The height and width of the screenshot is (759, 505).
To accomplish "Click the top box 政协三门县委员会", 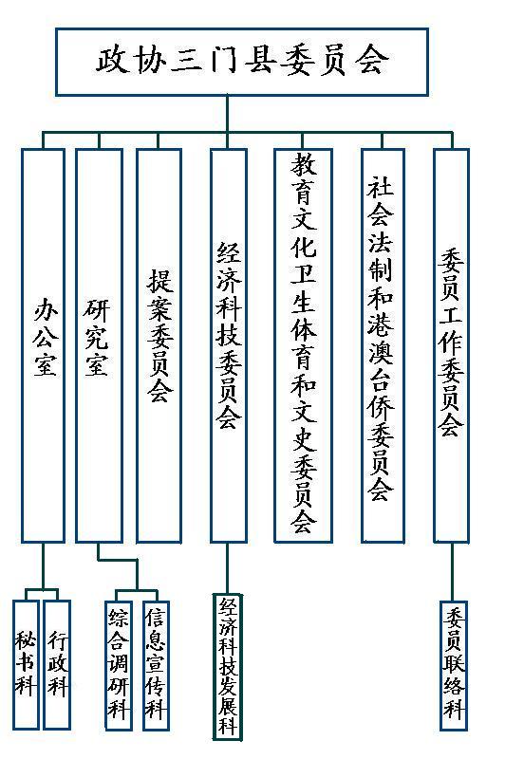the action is click(x=242, y=62).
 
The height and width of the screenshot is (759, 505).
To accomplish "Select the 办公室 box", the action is click(x=43, y=345).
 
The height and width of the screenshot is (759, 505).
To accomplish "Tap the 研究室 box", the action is click(x=99, y=345).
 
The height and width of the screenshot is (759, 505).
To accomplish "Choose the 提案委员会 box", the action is click(x=159, y=345).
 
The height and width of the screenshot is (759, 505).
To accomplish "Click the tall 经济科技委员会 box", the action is click(x=228, y=345).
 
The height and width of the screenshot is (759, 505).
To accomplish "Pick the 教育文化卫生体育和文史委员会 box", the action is click(x=303, y=345).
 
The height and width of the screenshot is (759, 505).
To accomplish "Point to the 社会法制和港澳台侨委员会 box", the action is click(x=383, y=345).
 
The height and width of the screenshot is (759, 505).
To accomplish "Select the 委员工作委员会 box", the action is click(x=451, y=345).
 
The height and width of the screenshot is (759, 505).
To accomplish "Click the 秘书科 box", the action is click(x=26, y=665).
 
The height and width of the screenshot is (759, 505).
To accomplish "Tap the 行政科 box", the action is click(x=57, y=665).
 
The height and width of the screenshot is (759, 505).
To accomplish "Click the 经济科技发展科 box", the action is click(x=228, y=667).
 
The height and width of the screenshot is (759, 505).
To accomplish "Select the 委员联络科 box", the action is click(x=454, y=666).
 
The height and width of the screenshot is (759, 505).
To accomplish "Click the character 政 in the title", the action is click(x=112, y=60).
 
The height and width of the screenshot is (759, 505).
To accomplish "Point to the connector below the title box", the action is click(x=228, y=114).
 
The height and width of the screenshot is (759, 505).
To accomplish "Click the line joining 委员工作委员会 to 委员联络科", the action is click(x=452, y=572).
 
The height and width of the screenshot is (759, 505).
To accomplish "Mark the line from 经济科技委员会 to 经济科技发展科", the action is click(x=227, y=568).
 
